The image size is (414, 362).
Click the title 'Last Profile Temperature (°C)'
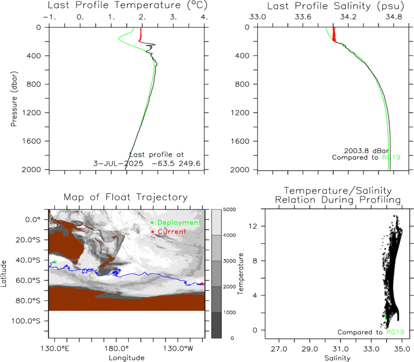coord(127,5)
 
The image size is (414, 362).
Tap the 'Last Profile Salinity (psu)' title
coord(335,6)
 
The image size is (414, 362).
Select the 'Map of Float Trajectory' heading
coord(126,197)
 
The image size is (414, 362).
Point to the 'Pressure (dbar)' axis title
coord(14,99)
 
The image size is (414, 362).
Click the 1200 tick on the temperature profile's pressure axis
coord(31,113)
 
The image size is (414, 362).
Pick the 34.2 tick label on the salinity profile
coord(348,17)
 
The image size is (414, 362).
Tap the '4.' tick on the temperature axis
coord(204,17)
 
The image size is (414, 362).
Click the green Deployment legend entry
coord(176,222)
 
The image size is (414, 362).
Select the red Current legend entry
coord(168,232)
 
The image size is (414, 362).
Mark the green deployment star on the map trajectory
coord(54,262)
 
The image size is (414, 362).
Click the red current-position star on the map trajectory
coord(202,283)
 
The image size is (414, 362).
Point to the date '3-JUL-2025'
coord(119,163)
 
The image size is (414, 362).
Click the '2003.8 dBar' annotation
coord(366,151)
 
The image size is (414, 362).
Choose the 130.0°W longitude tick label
coord(178,349)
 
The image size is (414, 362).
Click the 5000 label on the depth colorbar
coord(229,209)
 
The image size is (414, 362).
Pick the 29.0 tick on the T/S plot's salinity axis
coord(309,349)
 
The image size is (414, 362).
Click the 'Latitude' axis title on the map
coord(4,274)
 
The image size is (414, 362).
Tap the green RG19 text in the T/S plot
coord(395,332)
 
